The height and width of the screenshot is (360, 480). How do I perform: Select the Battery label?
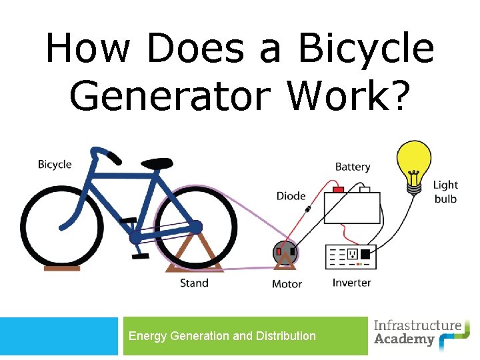pyautogui.click(x=352, y=167)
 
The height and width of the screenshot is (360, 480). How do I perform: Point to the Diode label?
pyautogui.click(x=291, y=196)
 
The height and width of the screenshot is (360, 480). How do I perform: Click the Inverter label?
pyautogui.click(x=351, y=283)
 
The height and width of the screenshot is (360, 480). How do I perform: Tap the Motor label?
pyautogui.click(x=287, y=284)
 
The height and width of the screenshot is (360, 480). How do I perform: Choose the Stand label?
pyautogui.click(x=194, y=283)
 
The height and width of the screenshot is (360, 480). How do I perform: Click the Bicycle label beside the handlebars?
pyautogui.click(x=55, y=165)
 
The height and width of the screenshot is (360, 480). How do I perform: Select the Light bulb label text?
pyautogui.click(x=445, y=191)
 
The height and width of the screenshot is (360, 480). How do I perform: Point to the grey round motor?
pyautogui.click(x=285, y=253)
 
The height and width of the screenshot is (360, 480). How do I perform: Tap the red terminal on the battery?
pyautogui.click(x=338, y=190)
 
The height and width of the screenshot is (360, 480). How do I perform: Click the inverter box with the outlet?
pyautogui.click(x=351, y=255)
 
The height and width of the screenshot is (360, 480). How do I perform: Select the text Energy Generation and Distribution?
pyautogui.click(x=222, y=336)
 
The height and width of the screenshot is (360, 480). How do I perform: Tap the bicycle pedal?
pyautogui.click(x=139, y=255)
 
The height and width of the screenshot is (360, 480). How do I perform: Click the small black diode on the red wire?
pyautogui.click(x=308, y=210)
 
